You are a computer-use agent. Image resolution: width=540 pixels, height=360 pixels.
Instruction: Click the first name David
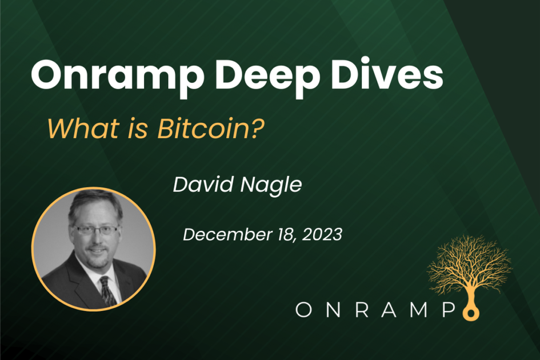click(200, 185)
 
